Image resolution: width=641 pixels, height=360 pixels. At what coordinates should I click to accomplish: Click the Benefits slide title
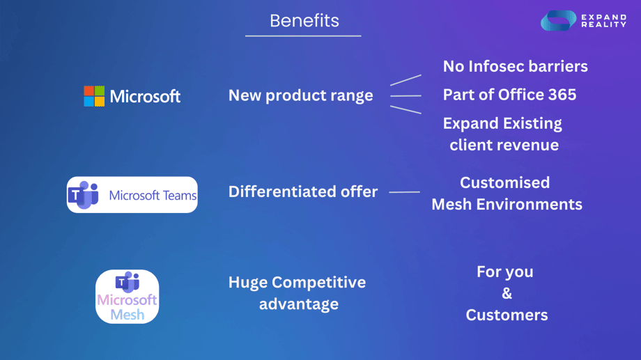[x=304, y=21]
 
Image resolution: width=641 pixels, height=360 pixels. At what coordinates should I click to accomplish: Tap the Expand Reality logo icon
[x=558, y=21]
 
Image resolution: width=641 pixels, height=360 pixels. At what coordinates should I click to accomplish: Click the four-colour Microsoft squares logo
[x=94, y=96]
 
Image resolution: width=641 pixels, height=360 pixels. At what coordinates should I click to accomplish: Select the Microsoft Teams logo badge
[x=132, y=195]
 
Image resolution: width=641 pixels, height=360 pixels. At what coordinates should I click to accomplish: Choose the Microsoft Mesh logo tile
[x=127, y=297]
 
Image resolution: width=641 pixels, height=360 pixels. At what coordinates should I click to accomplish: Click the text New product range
[x=301, y=95]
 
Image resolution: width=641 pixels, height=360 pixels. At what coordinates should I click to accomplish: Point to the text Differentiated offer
[x=303, y=191]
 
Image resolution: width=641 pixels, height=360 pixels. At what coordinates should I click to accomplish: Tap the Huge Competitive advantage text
[x=298, y=293]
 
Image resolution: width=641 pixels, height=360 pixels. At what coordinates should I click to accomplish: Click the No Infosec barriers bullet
[x=515, y=66]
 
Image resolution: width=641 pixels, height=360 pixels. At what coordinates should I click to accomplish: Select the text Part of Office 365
[x=509, y=95]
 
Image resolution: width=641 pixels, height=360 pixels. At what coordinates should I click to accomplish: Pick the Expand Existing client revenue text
[x=503, y=134]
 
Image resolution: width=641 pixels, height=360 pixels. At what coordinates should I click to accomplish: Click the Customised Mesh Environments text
[x=507, y=194]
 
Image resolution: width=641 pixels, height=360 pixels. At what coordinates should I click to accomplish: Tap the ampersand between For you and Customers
[x=507, y=293]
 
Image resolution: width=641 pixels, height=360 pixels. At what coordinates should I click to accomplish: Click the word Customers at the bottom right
[x=507, y=315]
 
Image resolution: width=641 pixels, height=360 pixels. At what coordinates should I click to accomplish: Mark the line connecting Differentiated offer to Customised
[x=404, y=191]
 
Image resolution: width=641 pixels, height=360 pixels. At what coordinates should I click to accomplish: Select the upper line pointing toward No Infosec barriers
[x=406, y=80]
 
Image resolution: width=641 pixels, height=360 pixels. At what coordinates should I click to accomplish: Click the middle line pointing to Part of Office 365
[x=406, y=95]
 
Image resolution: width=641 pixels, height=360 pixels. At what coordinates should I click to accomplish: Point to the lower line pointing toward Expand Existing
[x=406, y=109]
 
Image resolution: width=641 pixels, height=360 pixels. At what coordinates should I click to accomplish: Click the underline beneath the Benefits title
[x=303, y=36]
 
